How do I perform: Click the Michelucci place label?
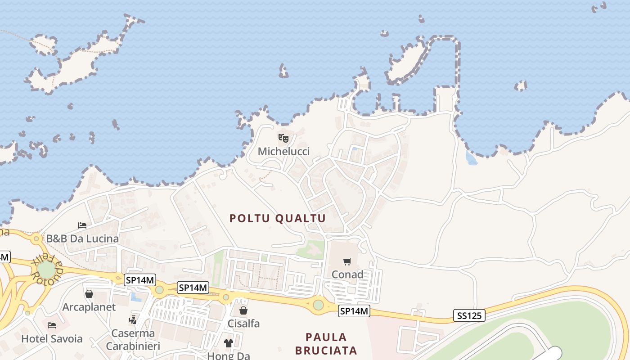tap(283, 151)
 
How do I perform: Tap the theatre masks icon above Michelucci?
tap(283, 138)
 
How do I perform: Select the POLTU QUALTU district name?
tap(278, 218)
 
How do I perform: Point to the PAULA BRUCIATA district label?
tap(326, 343)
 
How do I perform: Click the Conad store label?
tap(347, 274)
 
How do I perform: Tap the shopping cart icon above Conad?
tap(347, 261)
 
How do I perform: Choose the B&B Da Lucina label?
tap(82, 238)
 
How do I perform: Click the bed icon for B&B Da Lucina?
tap(82, 225)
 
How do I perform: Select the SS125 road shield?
tap(469, 315)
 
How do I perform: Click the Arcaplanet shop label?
tap(89, 307)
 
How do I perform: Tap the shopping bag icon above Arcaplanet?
tap(89, 294)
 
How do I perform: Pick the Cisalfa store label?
tap(243, 323)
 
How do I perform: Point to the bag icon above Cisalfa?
tap(243, 310)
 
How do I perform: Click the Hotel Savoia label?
tap(52, 338)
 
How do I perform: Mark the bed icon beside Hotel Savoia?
tap(52, 325)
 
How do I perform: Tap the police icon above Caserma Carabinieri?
tap(133, 320)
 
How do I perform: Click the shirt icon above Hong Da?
tap(229, 343)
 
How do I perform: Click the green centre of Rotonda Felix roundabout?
tap(46, 269)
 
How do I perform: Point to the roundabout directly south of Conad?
tap(318, 305)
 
